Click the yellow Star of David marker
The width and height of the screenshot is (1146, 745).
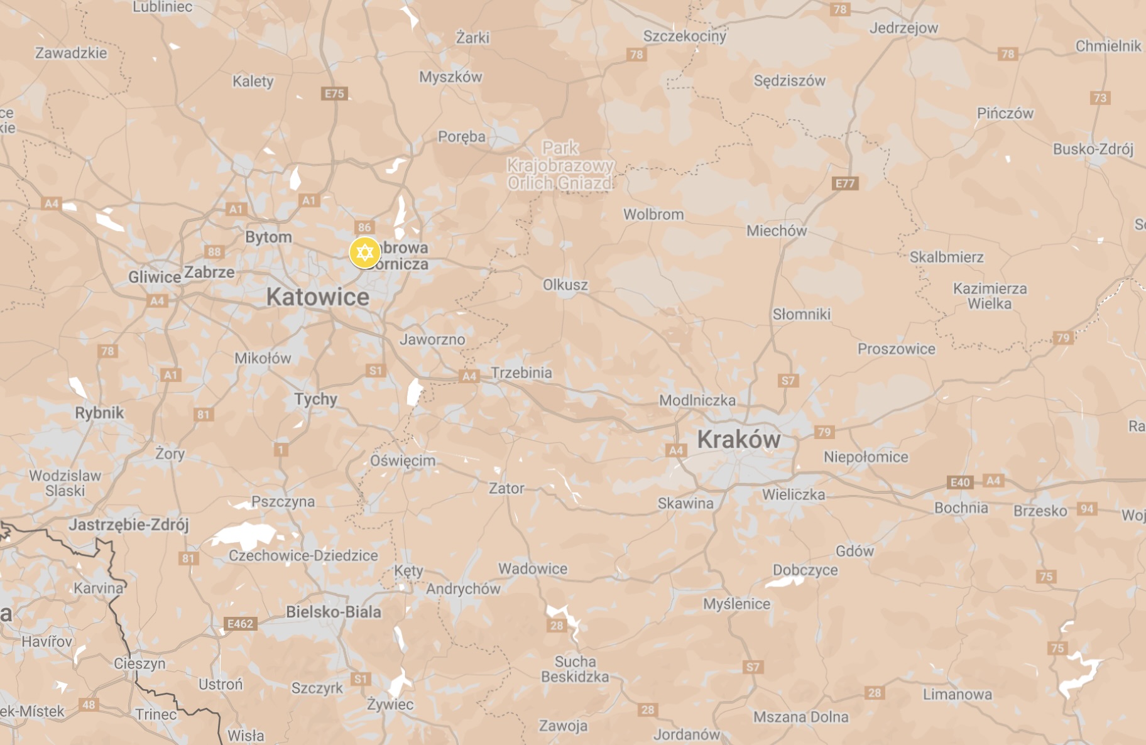(x=365, y=253)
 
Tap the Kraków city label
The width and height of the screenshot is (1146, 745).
(x=739, y=439)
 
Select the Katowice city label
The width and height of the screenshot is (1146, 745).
(x=317, y=297)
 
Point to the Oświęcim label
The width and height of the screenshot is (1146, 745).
(x=403, y=460)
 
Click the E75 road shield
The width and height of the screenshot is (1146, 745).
(x=334, y=94)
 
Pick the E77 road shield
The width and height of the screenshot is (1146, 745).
(x=845, y=183)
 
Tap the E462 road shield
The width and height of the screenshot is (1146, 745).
(x=240, y=624)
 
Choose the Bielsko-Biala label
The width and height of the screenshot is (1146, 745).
(x=334, y=612)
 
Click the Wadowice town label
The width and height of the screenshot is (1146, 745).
(x=533, y=568)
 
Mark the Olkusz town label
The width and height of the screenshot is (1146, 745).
(x=565, y=285)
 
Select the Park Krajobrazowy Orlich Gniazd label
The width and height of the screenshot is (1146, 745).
(x=560, y=166)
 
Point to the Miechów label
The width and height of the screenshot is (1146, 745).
(x=777, y=231)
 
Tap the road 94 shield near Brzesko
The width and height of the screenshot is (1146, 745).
(x=1087, y=509)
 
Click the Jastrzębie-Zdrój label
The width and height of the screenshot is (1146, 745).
(x=129, y=525)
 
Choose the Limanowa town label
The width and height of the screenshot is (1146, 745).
(x=958, y=694)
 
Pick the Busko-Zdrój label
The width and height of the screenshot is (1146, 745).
(x=1093, y=149)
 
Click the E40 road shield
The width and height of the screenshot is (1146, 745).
(x=960, y=482)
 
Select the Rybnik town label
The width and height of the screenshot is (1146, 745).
(x=99, y=413)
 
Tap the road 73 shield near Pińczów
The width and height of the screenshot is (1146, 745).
(x=1100, y=98)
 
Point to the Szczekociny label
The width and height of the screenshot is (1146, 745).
(x=685, y=36)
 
